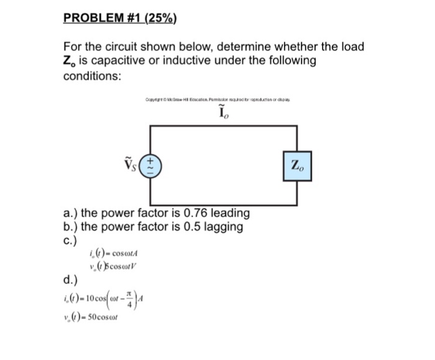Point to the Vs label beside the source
tap(135, 166)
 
